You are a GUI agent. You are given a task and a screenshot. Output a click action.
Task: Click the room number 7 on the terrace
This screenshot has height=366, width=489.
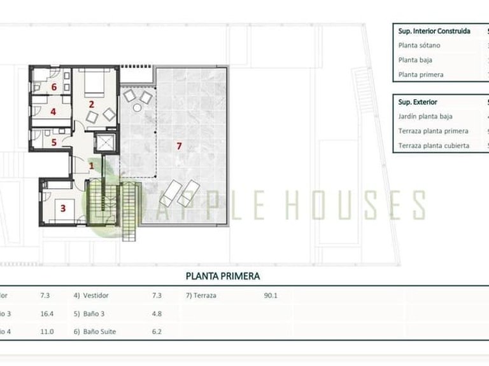pyautogui.click(x=179, y=146)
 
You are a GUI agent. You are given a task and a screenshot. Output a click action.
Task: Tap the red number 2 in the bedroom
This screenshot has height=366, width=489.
pyautogui.click(x=92, y=104)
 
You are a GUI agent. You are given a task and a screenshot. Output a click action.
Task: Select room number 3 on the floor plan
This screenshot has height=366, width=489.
pyautogui.click(x=62, y=207)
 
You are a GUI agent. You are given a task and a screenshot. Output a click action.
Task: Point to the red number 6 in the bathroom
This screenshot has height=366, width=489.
pyautogui.click(x=55, y=87)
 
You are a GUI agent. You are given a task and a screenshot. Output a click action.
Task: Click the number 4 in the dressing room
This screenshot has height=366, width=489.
pyautogui.click(x=53, y=112)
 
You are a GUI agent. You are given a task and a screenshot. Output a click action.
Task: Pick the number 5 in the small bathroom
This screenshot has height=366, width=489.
pyautogui.click(x=54, y=142)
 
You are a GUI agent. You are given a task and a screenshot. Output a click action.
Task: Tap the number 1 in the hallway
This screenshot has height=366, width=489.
pyautogui.click(x=91, y=166)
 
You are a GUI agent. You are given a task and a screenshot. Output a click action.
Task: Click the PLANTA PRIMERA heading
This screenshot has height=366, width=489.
pyautogui.click(x=222, y=276)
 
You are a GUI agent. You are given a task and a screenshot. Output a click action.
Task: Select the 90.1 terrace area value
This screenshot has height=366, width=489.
pyautogui.click(x=270, y=295)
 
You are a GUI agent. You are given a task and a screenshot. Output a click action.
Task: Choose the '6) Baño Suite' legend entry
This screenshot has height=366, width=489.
pyautogui.click(x=99, y=331)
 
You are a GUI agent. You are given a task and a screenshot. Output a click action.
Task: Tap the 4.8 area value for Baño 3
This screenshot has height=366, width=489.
pyautogui.click(x=157, y=313)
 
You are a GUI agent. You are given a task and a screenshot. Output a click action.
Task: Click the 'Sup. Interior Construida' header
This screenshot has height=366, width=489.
pyautogui.click(x=434, y=30)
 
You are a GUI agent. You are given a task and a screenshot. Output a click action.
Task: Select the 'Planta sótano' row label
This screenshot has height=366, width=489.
pyautogui.click(x=419, y=46)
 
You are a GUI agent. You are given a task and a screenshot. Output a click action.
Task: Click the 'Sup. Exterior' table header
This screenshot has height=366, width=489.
pyautogui.click(x=418, y=102)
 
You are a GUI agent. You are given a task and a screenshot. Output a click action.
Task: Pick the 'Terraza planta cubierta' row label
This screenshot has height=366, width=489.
pyautogui.click(x=434, y=146)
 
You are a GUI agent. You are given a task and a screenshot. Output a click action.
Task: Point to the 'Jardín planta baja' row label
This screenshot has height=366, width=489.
pyautogui.click(x=425, y=116)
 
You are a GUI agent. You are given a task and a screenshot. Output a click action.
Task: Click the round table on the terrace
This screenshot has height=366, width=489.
pyautogui.click(x=137, y=108)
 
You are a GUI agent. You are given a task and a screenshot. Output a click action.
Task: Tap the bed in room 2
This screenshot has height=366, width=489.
pyautogui.click(x=93, y=81)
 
